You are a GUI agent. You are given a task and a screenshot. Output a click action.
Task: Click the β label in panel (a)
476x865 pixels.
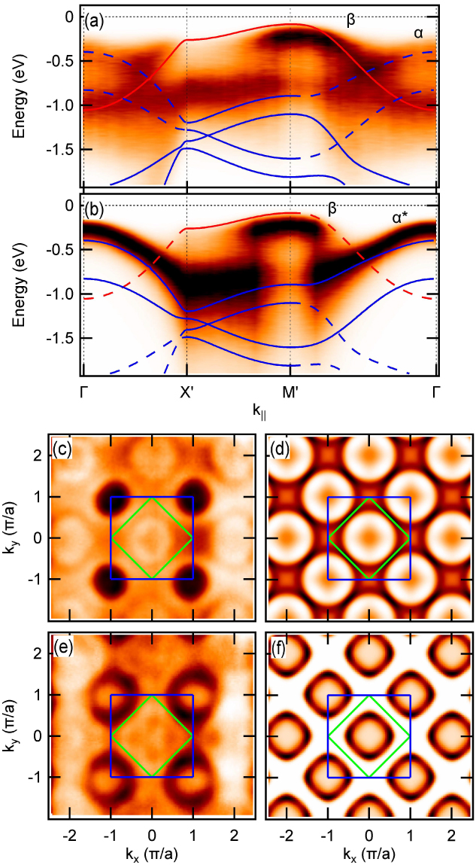(350, 20)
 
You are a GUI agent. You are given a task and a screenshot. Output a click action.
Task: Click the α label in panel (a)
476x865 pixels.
(419, 34)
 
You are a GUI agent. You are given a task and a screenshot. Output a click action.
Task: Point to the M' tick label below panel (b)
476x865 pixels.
(291, 391)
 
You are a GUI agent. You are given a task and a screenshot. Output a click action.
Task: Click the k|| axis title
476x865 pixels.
(260, 412)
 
